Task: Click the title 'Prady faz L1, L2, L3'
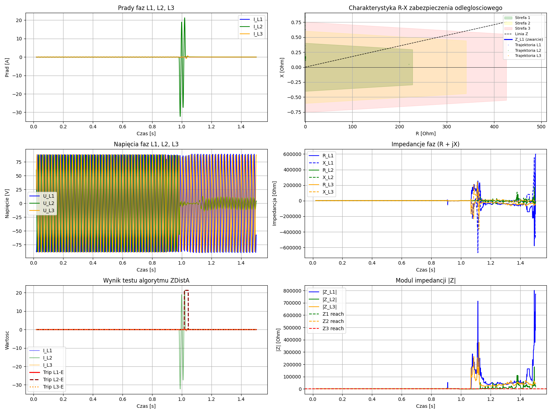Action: [x=146, y=8]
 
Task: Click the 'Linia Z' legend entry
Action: [x=521, y=34]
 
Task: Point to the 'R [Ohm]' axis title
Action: [x=425, y=134]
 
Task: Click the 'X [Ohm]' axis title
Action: [x=282, y=67]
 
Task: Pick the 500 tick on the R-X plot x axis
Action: [x=541, y=127]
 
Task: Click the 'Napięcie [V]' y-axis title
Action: [x=7, y=203]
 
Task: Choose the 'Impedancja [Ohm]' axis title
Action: [x=275, y=203]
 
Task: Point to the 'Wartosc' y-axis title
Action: [x=7, y=339]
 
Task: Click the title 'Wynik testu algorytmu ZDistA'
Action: [x=146, y=280]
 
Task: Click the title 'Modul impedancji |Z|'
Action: [x=425, y=280]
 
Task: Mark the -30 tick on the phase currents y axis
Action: [x=18, y=112]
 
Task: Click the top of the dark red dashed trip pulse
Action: [x=186, y=290]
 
